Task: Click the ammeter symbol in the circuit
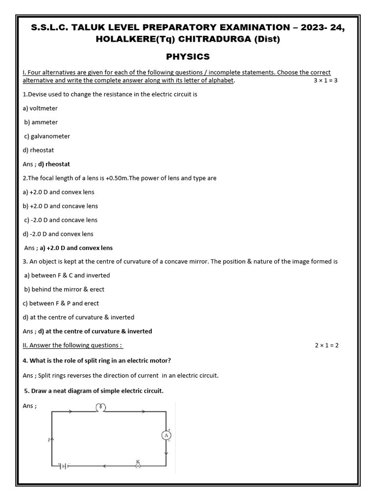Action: point(166,435)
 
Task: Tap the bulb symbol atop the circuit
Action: point(101,407)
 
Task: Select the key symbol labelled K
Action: point(138,466)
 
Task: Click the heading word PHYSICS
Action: point(188,57)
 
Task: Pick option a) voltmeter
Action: point(40,108)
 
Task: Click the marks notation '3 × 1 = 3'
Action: point(326,80)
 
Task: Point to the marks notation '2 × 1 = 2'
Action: point(327,345)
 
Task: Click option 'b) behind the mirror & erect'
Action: point(64,289)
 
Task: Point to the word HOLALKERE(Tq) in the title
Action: point(128,40)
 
